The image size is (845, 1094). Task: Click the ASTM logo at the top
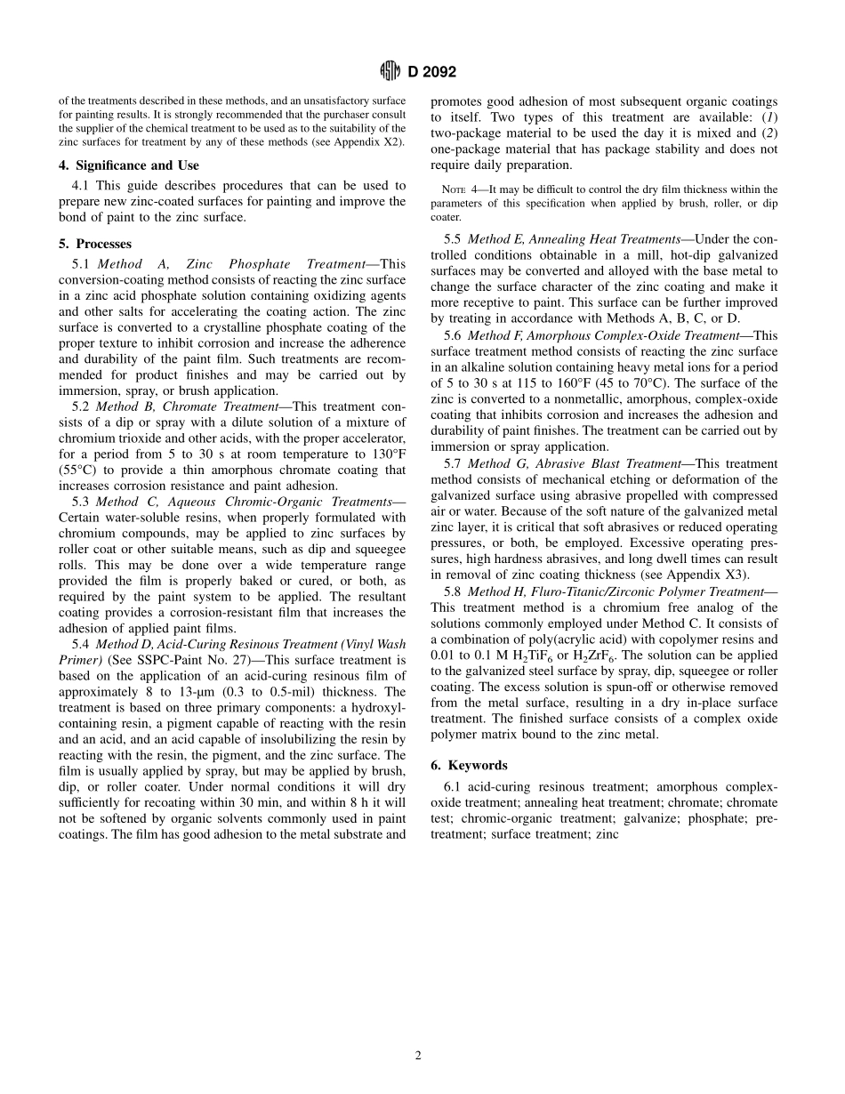tap(388, 72)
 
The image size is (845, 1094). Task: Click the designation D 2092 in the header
tap(431, 72)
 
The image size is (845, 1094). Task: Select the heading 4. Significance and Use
tap(129, 165)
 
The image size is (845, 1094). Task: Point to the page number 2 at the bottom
tap(418, 1056)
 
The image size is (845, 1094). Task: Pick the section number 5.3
tap(82, 502)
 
